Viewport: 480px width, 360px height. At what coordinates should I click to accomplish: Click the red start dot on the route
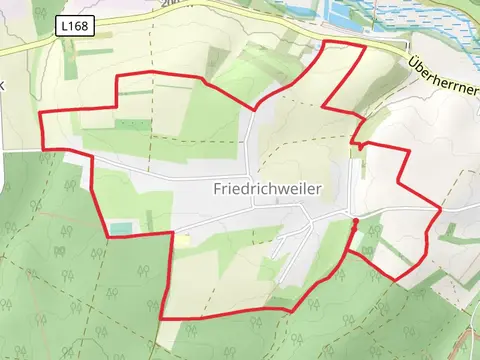tap(356, 220)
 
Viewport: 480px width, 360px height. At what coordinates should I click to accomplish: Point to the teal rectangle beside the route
tap(120, 229)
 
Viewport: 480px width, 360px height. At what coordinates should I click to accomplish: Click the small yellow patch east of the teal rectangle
tap(183, 239)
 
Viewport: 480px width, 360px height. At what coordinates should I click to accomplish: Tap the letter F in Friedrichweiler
tap(217, 187)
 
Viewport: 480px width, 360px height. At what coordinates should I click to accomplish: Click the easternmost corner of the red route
tap(440, 211)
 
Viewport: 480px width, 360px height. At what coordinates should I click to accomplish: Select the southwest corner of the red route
tap(161, 318)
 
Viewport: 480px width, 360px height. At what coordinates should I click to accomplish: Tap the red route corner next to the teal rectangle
tap(107, 236)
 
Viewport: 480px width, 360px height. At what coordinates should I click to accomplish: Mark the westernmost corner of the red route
tap(41, 115)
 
